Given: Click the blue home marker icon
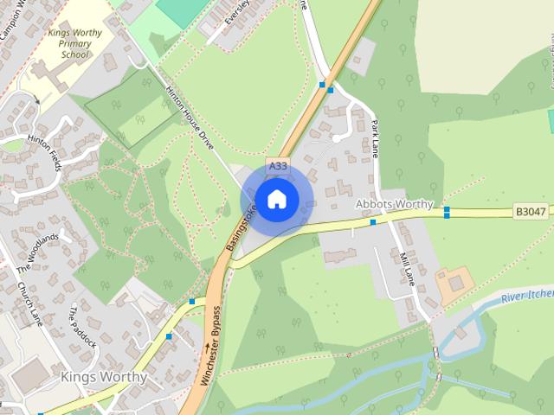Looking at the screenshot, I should point(276,199).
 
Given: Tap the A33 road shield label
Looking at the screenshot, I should point(277,166).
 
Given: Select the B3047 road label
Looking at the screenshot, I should point(531,210).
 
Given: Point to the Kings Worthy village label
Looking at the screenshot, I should point(104,378).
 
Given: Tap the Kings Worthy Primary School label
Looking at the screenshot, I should point(74,44).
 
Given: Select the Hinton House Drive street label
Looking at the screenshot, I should point(190,110).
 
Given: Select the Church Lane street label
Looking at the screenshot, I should point(29,299).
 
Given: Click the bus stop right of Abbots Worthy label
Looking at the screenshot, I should point(447,211).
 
